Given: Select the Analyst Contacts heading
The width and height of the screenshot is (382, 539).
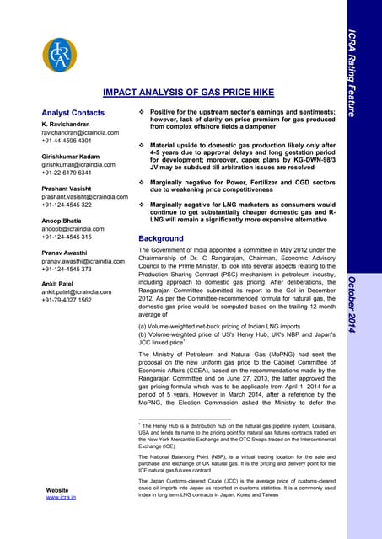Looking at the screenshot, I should pyautogui.click(x=73, y=113).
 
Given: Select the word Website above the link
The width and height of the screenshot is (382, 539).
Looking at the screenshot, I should pyautogui.click(x=57, y=489).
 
